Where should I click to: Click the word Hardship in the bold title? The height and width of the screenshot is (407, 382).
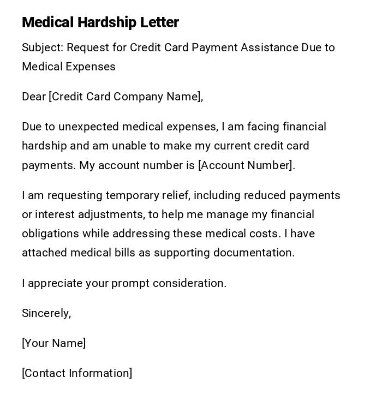point(106,22)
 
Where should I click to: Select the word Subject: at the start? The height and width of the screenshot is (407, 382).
point(43,47)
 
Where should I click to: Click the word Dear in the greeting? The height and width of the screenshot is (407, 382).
point(33,97)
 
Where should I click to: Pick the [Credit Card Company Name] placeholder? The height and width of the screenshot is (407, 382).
point(125,97)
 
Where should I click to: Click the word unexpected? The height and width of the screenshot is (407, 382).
point(88,127)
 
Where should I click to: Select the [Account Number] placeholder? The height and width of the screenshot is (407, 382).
point(246,165)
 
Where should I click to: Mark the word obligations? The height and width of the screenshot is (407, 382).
point(50,234)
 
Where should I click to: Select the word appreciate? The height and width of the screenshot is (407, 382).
point(55,283)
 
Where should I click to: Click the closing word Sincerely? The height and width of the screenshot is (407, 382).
point(46,313)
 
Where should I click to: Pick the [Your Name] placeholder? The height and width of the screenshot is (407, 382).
point(53,343)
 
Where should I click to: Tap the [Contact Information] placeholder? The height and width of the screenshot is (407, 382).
point(77,373)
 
